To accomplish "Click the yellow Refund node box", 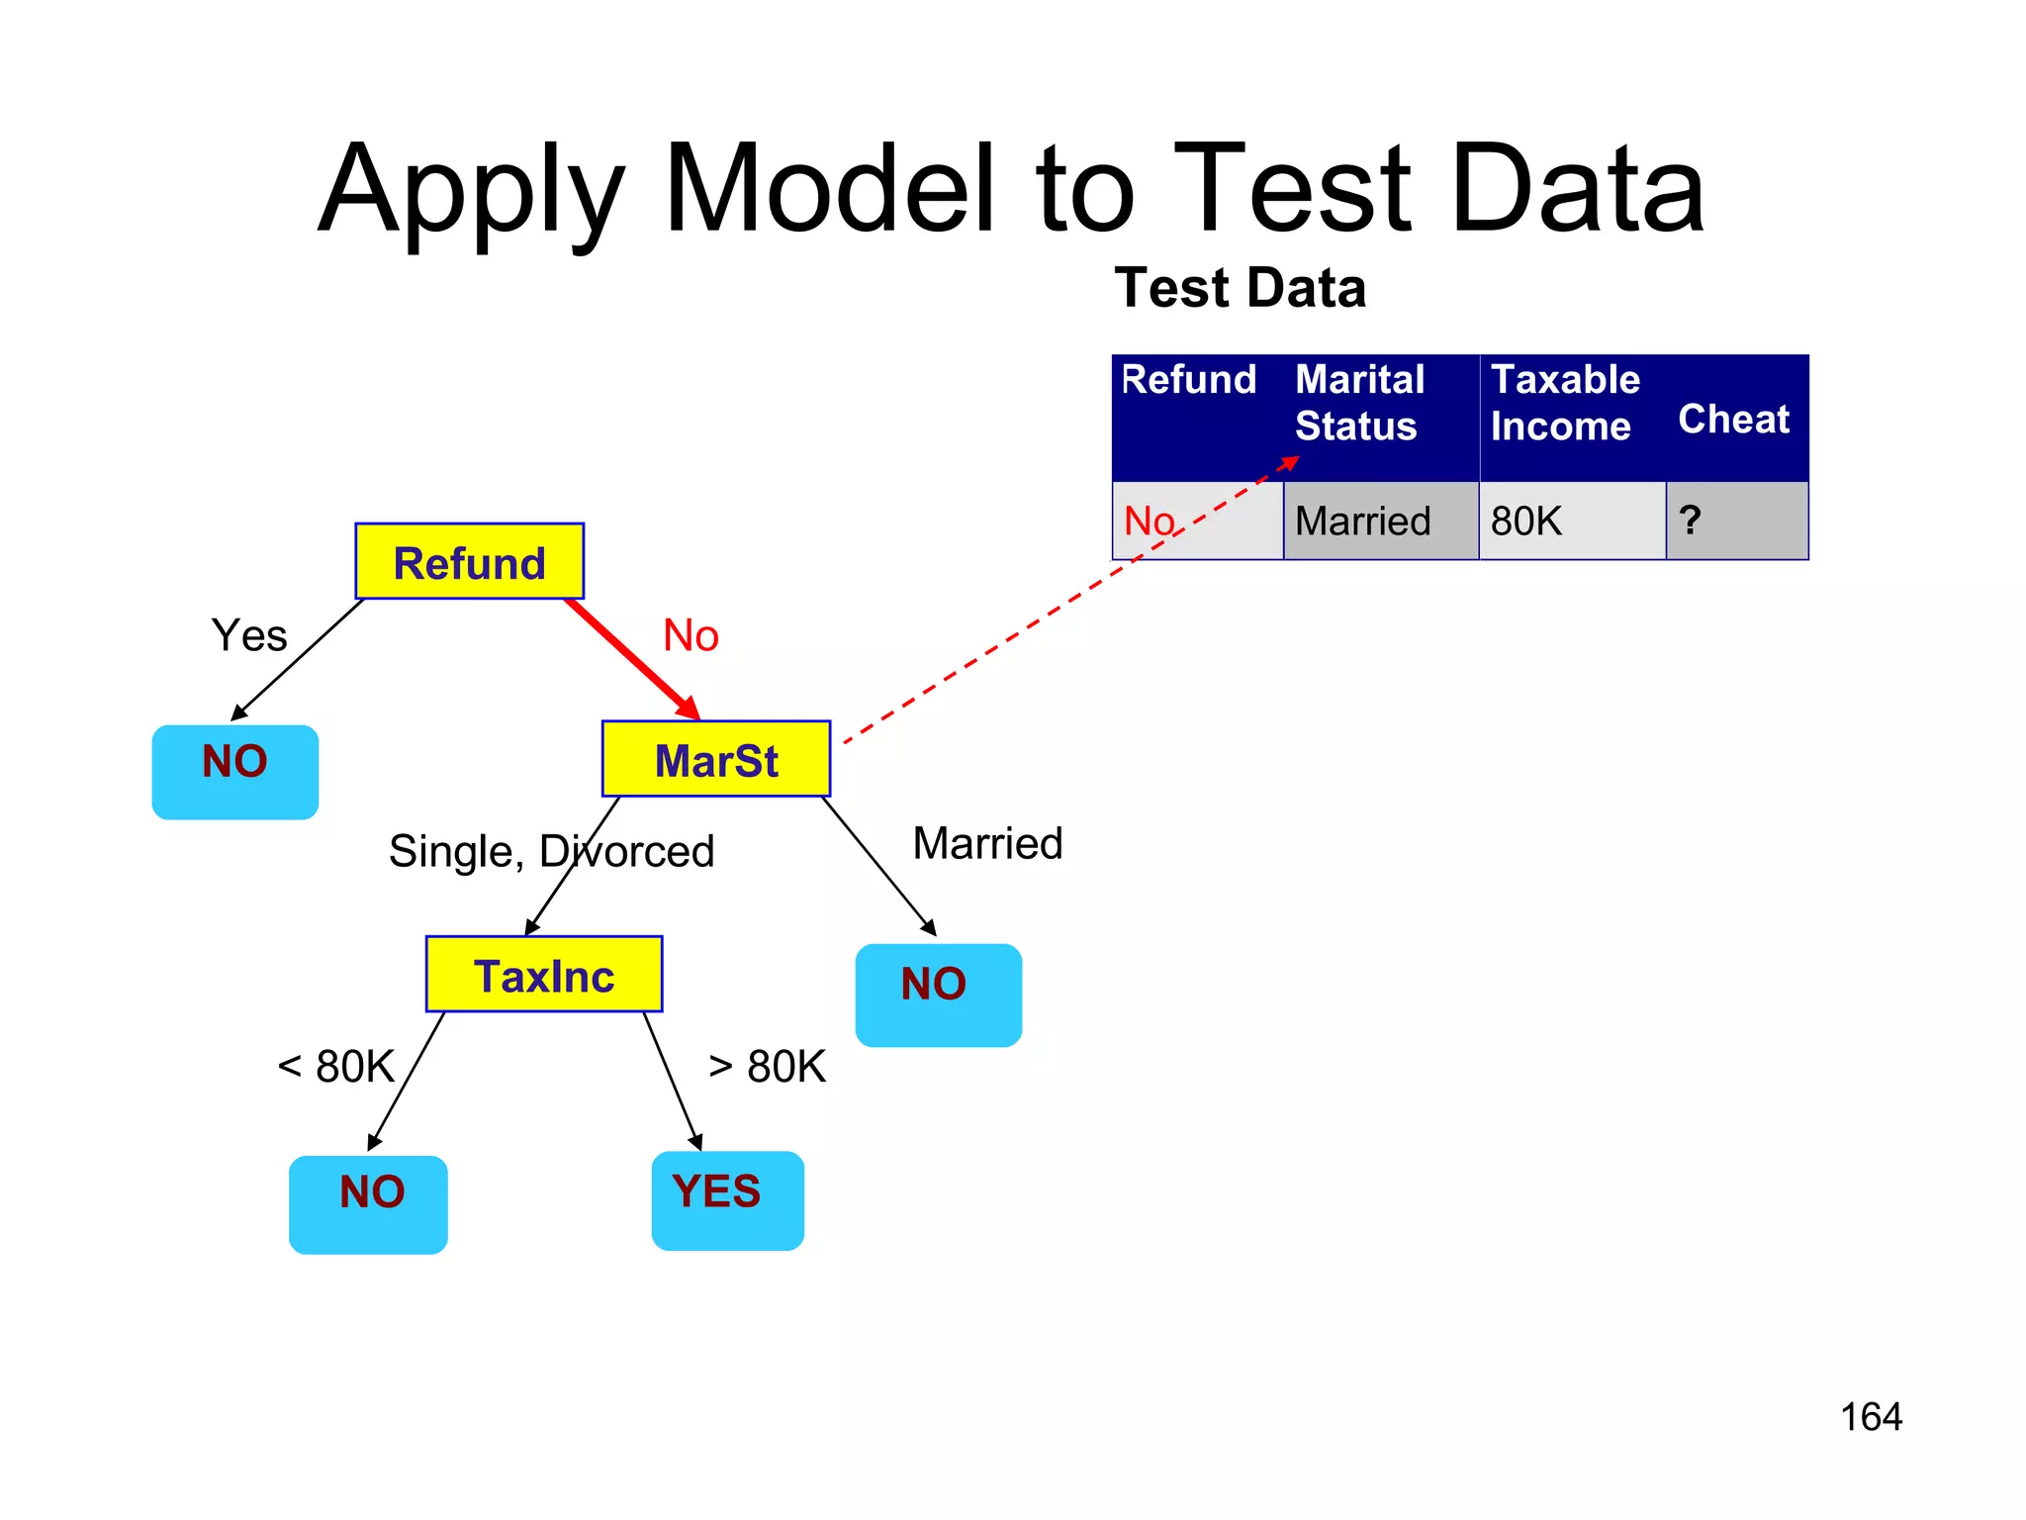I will (469, 561).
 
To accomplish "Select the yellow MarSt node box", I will (716, 759).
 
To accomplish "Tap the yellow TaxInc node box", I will (543, 975).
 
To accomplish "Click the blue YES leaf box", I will (727, 1199).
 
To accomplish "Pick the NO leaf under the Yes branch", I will (235, 772).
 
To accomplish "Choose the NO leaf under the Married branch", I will (938, 995).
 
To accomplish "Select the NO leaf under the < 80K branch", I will (368, 1203).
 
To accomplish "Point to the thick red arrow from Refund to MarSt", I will (631, 657).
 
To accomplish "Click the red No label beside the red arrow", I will (691, 635).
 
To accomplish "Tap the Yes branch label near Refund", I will (249, 635).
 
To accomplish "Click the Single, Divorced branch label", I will (551, 851).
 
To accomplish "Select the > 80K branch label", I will (768, 1067).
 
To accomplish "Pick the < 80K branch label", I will (336, 1067).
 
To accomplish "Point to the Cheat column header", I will (1733, 419).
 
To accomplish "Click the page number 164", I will (1871, 1417).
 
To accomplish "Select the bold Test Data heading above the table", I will (1240, 288).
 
